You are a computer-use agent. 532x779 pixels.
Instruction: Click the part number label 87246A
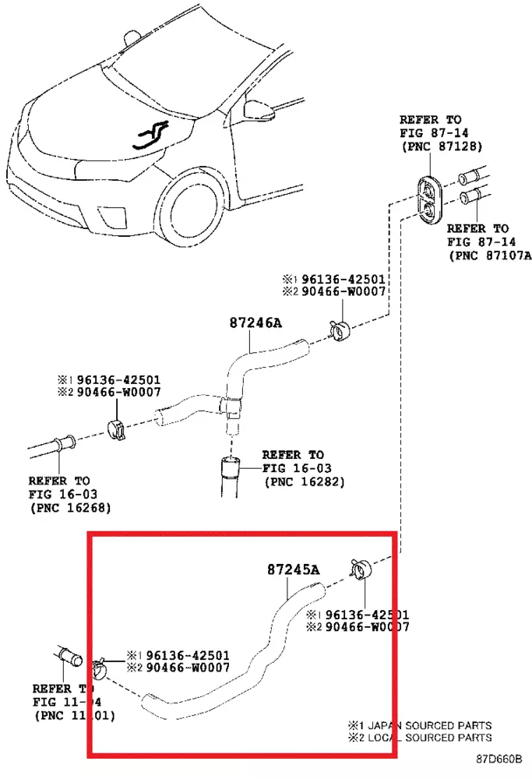pos(254,322)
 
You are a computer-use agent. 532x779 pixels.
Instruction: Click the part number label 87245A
pos(292,570)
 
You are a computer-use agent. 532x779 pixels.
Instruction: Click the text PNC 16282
pos(305,481)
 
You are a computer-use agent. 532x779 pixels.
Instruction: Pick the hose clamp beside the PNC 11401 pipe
pos(100,668)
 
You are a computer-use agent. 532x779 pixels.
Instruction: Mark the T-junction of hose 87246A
pos(231,405)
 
